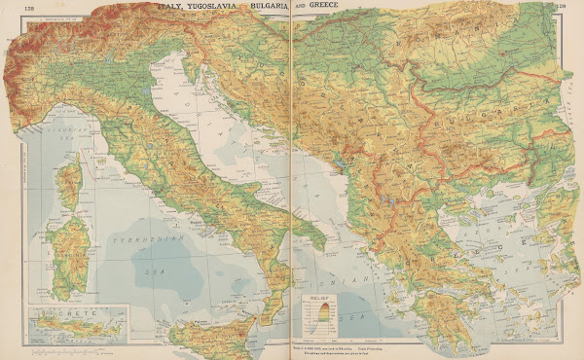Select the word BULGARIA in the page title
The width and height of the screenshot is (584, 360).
click(269, 7)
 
